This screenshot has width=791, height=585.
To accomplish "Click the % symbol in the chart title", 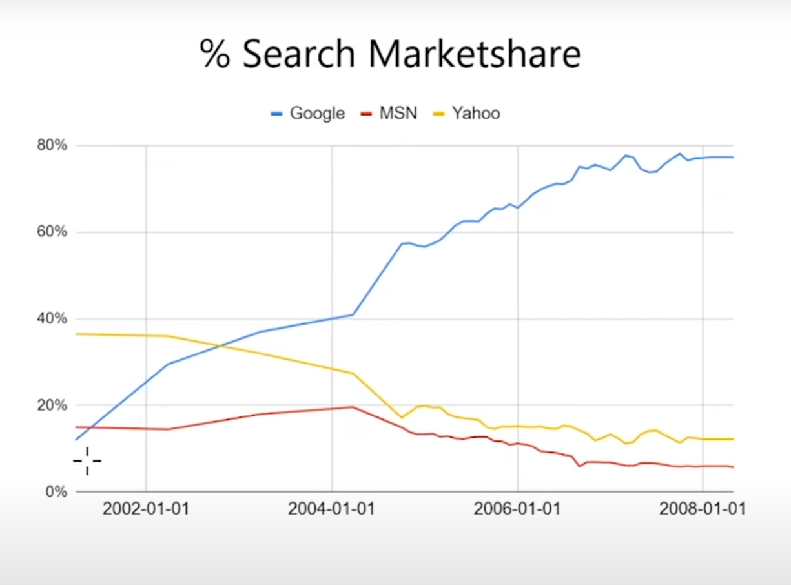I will [x=215, y=54].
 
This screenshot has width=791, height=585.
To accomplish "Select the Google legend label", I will [x=317, y=114].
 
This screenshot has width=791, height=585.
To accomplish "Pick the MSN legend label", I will [x=398, y=114].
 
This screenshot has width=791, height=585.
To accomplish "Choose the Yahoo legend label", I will [x=476, y=114].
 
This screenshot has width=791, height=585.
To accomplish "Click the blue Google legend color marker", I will [x=278, y=114].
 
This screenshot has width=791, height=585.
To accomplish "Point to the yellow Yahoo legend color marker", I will [x=439, y=114].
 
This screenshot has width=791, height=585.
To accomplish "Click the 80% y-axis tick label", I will [x=52, y=145].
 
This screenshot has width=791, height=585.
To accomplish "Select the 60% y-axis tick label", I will [x=52, y=232].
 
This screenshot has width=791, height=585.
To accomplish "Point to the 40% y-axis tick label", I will [x=52, y=318].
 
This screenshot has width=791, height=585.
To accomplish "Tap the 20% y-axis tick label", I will [x=52, y=405].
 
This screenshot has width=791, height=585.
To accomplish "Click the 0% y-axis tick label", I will [x=56, y=491].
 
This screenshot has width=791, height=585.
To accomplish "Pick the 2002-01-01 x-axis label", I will [x=146, y=509].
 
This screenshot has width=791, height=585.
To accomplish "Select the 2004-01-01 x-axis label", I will [x=331, y=509].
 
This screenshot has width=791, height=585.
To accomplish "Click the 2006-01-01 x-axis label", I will [x=517, y=509].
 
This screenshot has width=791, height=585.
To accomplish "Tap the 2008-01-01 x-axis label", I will [x=702, y=509].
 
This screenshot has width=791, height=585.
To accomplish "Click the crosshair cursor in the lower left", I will [x=87, y=461].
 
